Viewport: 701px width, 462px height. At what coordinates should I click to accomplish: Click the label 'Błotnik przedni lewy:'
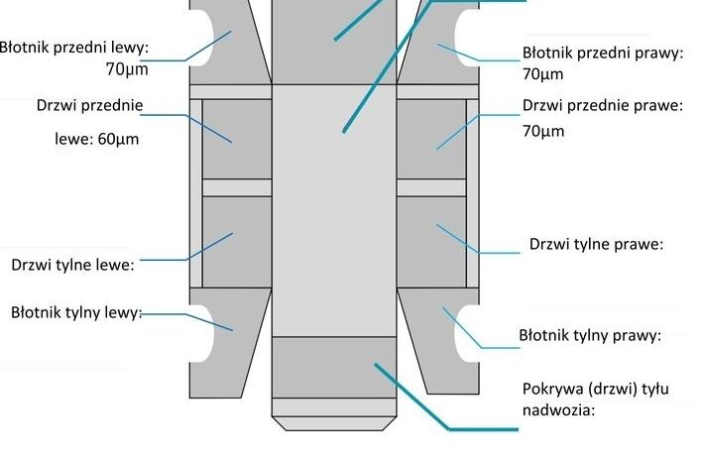tap(73, 48)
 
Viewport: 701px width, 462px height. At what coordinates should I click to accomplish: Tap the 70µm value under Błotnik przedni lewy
tap(127, 69)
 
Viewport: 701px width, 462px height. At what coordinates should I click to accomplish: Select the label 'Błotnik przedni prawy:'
tap(603, 53)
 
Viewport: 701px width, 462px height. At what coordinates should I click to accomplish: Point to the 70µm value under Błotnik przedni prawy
tap(542, 73)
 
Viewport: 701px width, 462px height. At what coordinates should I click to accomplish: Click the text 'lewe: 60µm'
tap(96, 139)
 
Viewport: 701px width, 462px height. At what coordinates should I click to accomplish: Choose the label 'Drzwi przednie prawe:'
tap(603, 105)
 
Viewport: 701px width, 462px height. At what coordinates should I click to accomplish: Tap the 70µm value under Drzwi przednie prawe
tap(543, 131)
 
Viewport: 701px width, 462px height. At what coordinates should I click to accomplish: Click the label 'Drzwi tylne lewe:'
tap(72, 265)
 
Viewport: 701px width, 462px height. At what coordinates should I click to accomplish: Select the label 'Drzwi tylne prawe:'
tap(596, 244)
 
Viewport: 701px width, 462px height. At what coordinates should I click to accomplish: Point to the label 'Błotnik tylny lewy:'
tap(76, 312)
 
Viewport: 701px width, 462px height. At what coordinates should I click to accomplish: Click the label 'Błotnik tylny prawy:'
tap(590, 335)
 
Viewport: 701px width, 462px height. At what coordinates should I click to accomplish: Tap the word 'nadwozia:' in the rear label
tap(559, 409)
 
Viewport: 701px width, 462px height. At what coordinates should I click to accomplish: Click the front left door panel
tap(237, 139)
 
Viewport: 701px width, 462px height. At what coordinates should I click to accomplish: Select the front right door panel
tap(431, 139)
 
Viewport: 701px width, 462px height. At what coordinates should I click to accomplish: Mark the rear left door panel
tap(237, 242)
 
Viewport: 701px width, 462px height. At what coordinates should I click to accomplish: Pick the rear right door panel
tap(431, 242)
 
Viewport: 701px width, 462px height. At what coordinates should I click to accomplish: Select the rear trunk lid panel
tap(334, 367)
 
